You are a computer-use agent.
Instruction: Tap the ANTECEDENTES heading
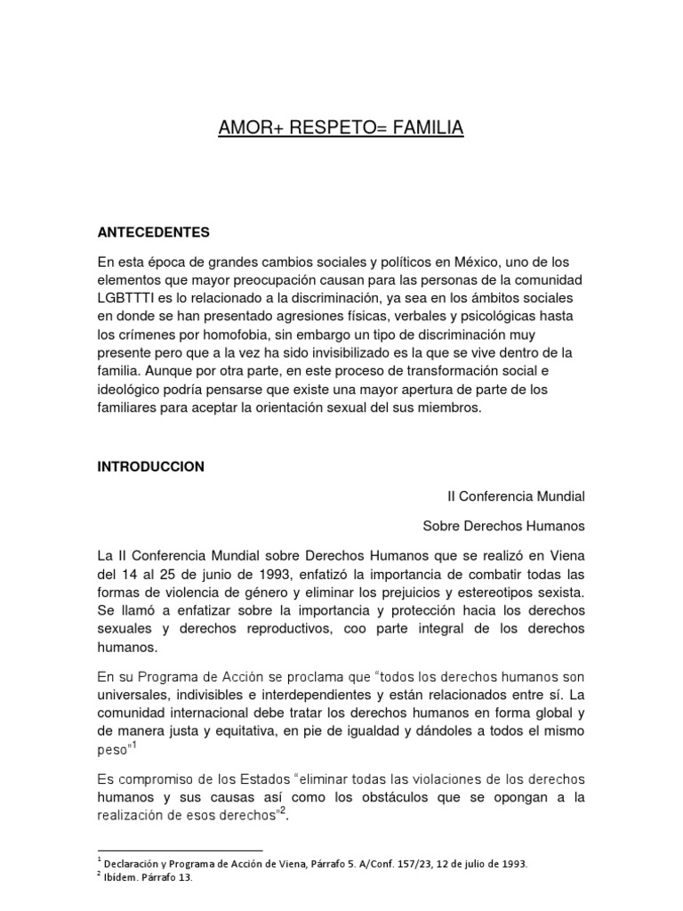click(153, 232)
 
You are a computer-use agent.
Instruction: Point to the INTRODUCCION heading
click(151, 465)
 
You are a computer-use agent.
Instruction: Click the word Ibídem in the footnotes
click(121, 877)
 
